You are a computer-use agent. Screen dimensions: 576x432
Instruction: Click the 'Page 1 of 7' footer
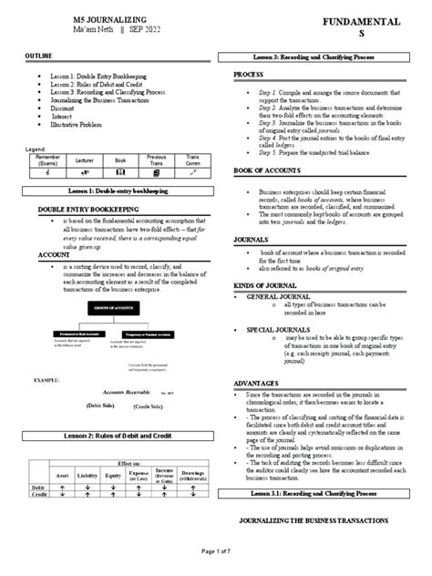coord(215,567)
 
